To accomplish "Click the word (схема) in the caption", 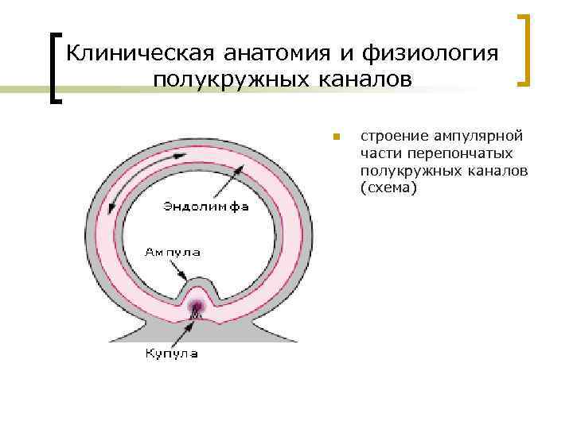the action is (388, 188).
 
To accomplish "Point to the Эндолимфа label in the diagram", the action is (205, 207).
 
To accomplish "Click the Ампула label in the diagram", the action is (172, 253).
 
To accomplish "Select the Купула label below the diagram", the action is (170, 354).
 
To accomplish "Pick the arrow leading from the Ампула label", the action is (175, 269).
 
